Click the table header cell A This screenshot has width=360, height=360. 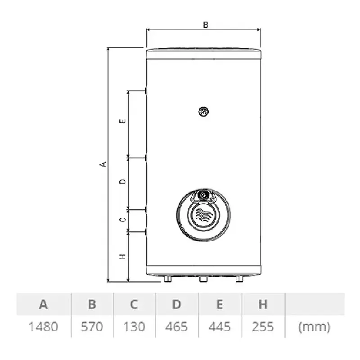coord(43,305)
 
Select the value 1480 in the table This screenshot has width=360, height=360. coord(43,327)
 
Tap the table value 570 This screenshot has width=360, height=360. coord(92,327)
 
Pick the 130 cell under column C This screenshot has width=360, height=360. coord(134,327)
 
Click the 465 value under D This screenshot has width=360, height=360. coord(176,327)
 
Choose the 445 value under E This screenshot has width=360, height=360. coord(220,327)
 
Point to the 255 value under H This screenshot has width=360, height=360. coord(263,327)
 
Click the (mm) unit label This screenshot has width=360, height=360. coord(314,327)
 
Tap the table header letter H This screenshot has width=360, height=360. coord(263,305)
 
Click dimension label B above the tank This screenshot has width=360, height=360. coord(206,25)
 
